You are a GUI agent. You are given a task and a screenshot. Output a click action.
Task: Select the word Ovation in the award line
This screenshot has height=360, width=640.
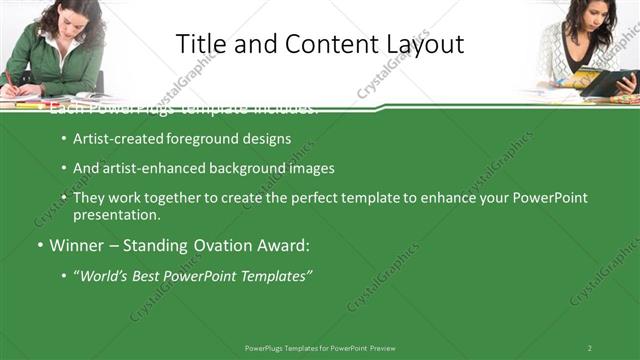click(219, 246)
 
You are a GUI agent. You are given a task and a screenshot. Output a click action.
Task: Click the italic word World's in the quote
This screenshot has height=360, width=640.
click(107, 276)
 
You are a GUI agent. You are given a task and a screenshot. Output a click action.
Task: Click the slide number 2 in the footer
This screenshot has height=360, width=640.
click(589, 347)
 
